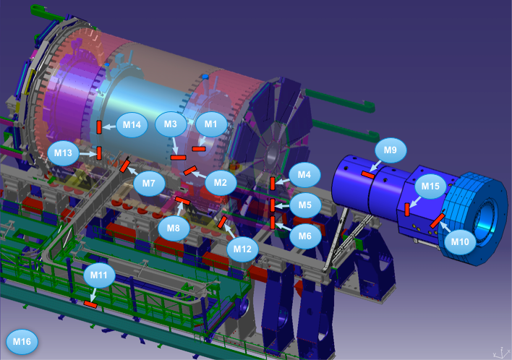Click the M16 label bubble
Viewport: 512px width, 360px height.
pos(22,342)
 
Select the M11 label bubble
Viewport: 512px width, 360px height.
pos(99,275)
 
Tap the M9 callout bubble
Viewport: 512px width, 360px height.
pos(391,150)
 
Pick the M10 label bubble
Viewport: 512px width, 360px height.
pos(460,242)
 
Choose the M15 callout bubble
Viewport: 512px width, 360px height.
pos(430,187)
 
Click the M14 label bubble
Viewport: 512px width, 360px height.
pos(132,124)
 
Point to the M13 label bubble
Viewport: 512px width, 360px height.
pos(63,153)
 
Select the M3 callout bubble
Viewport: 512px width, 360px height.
pos(171,124)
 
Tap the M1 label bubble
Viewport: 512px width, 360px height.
pos(211,124)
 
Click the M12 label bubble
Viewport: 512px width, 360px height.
pos(242,249)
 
